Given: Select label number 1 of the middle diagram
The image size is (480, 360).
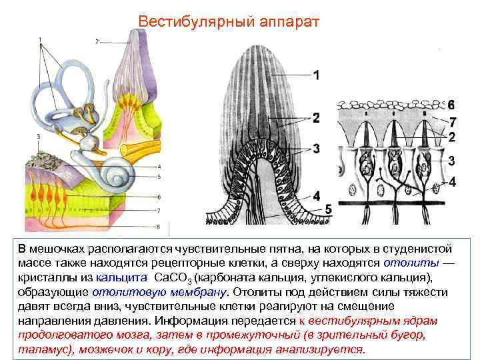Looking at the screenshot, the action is (316, 75).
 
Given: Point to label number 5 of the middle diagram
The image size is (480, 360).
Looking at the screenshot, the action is (328, 209).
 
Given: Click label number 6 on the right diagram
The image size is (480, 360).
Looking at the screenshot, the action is (451, 105).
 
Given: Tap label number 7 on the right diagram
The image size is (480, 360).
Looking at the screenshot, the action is (452, 122).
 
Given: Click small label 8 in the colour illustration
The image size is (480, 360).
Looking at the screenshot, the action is (158, 227).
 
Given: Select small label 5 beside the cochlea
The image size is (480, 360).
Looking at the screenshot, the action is (158, 176).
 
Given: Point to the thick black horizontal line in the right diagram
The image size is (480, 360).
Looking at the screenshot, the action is (390, 201).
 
